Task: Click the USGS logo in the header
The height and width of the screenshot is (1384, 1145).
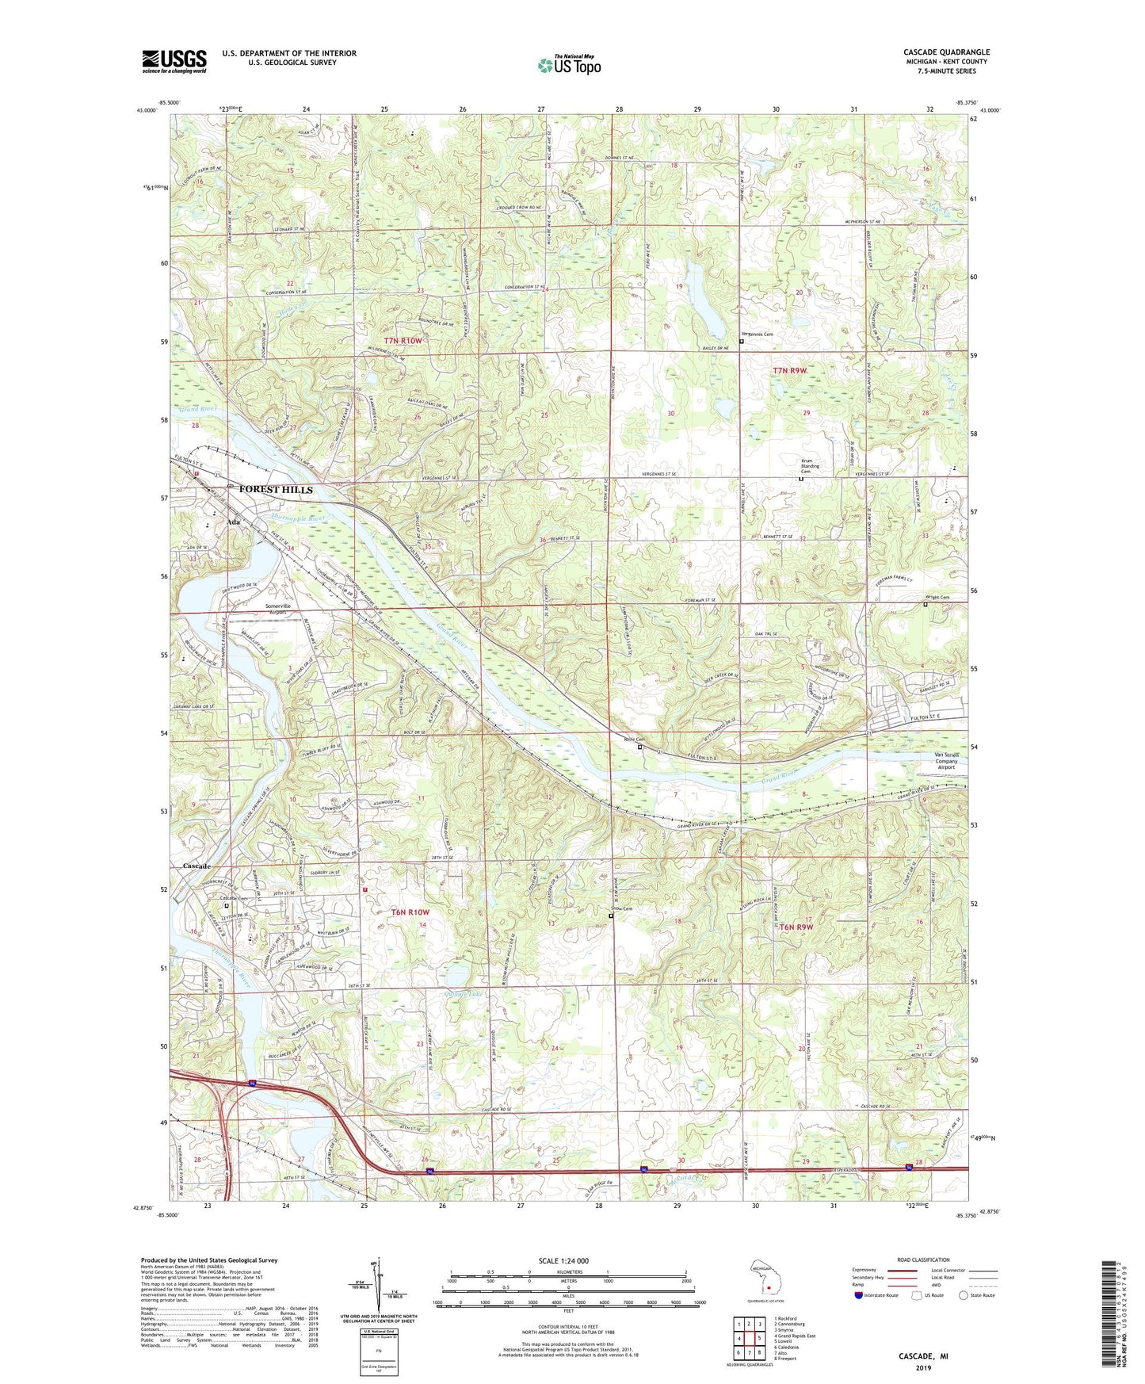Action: coord(174,61)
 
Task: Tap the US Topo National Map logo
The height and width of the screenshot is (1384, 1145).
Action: coord(569,64)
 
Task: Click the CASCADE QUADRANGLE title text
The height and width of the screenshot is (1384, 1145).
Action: coord(946,52)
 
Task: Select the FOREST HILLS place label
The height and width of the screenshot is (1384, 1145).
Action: coord(276,490)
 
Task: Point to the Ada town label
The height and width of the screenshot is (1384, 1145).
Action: coord(233,522)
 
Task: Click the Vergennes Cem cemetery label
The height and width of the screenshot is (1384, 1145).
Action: coord(757,335)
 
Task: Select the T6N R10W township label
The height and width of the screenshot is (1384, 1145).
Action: coord(410,912)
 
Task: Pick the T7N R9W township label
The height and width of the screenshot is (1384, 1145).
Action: coord(790,370)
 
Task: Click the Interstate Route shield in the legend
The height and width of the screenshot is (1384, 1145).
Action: coord(859,1295)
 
